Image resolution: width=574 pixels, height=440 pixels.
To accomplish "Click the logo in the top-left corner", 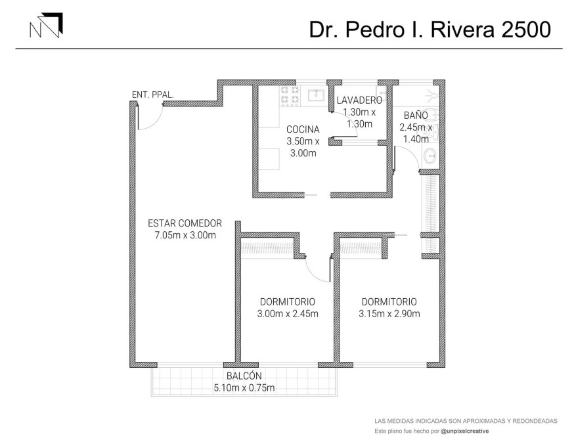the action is (x=46, y=25).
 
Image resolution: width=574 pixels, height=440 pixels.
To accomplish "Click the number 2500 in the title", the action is (x=525, y=30).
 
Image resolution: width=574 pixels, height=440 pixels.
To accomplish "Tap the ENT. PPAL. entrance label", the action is (x=152, y=95).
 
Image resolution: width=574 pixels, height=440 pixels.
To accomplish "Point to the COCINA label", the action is (x=303, y=129).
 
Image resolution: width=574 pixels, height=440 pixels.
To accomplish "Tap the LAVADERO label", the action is (x=359, y=100).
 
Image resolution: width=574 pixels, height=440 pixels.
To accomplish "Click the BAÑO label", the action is (x=416, y=115).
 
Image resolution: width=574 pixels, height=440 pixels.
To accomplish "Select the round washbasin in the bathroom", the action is (x=430, y=157).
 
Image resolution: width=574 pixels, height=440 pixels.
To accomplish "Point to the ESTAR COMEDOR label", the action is (x=185, y=223).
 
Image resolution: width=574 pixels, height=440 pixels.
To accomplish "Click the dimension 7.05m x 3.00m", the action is (x=185, y=235).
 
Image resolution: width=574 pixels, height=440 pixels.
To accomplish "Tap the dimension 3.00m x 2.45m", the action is (x=288, y=314).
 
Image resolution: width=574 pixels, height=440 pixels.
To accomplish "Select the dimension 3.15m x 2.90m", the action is (x=389, y=314).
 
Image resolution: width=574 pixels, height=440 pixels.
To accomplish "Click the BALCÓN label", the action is (x=244, y=376).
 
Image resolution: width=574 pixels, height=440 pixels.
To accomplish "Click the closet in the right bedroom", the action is (x=361, y=248).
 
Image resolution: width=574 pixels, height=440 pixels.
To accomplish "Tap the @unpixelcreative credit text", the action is (x=465, y=431).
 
